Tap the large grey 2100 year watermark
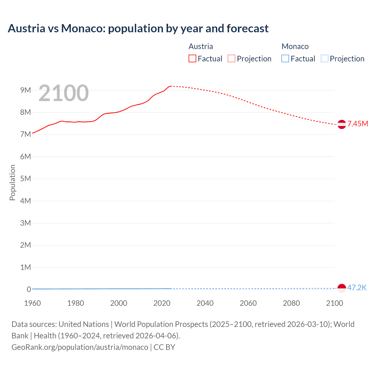63,93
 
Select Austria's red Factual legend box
192,58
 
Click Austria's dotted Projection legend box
231,58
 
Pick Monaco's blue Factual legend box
285,58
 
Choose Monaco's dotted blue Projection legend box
325,58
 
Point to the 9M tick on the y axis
26,90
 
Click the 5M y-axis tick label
26,179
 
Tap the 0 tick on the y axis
29,289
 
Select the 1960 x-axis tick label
32,303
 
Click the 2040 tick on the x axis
205,303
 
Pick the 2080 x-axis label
291,303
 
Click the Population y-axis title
12,182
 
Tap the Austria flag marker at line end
342,124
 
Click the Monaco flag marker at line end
342,288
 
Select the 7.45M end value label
358,124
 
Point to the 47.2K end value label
357,288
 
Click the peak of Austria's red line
171,86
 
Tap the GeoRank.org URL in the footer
80,347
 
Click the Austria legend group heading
201,46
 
